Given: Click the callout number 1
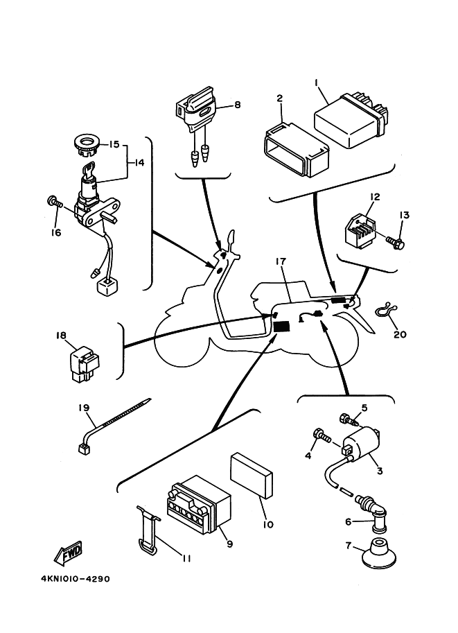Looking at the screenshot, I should (317, 83).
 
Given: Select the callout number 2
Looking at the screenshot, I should (280, 98).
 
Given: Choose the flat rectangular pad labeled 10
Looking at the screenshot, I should (252, 476).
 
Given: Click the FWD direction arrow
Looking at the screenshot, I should (67, 555).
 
